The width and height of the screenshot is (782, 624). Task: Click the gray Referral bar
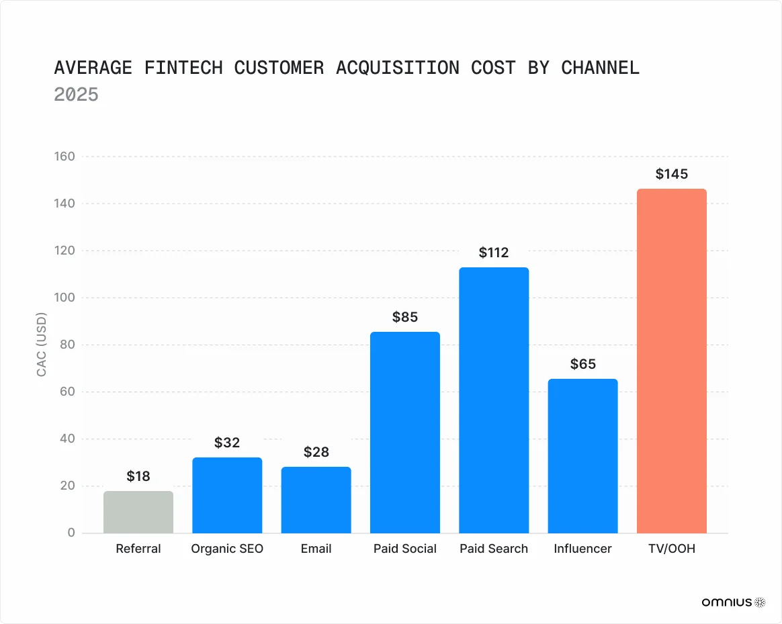pos(138,512)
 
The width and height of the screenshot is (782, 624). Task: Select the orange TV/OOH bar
pos(671,361)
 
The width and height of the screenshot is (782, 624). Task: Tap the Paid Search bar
pos(494,400)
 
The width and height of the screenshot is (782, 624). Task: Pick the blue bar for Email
pos(316,500)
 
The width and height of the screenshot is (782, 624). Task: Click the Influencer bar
pos(582,456)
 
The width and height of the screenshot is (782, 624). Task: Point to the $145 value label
pos(671,174)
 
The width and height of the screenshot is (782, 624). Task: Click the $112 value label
pos(494,253)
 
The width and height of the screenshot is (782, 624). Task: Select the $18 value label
pos(138,476)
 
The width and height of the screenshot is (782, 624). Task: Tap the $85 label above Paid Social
pos(405,317)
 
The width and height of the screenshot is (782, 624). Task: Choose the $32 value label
pos(227,443)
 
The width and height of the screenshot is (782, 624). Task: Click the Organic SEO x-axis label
pos(227,549)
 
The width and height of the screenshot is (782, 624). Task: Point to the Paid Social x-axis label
pos(405,549)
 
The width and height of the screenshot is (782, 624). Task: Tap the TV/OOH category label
pos(671,549)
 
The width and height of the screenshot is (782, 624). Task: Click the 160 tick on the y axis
pos(65,157)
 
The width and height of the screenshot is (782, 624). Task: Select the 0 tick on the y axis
pos(71,533)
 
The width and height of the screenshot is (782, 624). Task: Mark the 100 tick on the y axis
pos(65,298)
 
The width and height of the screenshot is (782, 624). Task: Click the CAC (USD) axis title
pos(42,345)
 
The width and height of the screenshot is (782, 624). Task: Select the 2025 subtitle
pos(76,95)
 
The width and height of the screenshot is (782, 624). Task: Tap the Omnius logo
pos(733,603)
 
